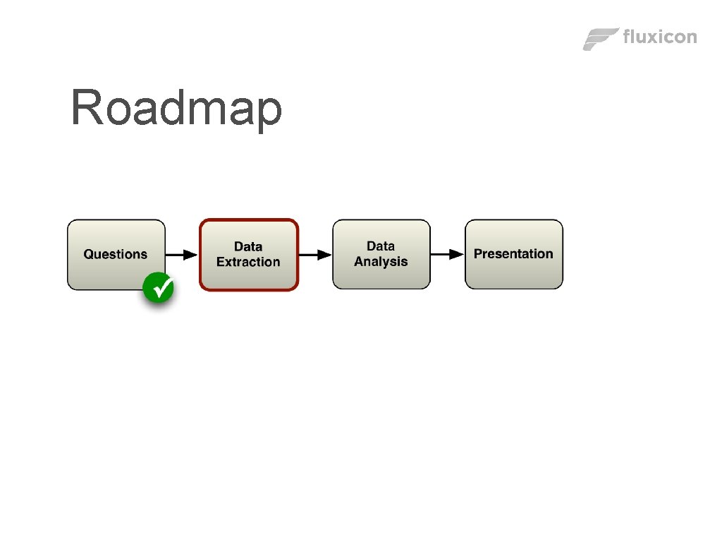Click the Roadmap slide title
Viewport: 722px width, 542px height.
point(176,108)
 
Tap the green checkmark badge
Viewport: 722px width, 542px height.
point(159,288)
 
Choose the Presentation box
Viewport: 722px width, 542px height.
point(513,272)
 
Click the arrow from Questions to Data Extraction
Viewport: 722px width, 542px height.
point(182,254)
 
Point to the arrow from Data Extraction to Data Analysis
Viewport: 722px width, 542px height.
point(315,254)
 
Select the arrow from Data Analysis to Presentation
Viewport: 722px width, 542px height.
point(447,254)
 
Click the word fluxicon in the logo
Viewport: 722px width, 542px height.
point(660,37)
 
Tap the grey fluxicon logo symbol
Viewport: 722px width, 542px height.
point(601,39)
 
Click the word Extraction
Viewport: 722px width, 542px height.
point(248,262)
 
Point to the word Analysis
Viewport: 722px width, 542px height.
point(381,262)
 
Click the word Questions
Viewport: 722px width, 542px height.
point(116,254)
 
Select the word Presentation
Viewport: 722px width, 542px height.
point(513,253)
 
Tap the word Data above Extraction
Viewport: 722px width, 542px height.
point(248,246)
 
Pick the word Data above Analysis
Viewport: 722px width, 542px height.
point(381,246)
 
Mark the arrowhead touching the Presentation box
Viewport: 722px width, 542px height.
point(458,254)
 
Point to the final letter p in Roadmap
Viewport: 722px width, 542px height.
point(269,113)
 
